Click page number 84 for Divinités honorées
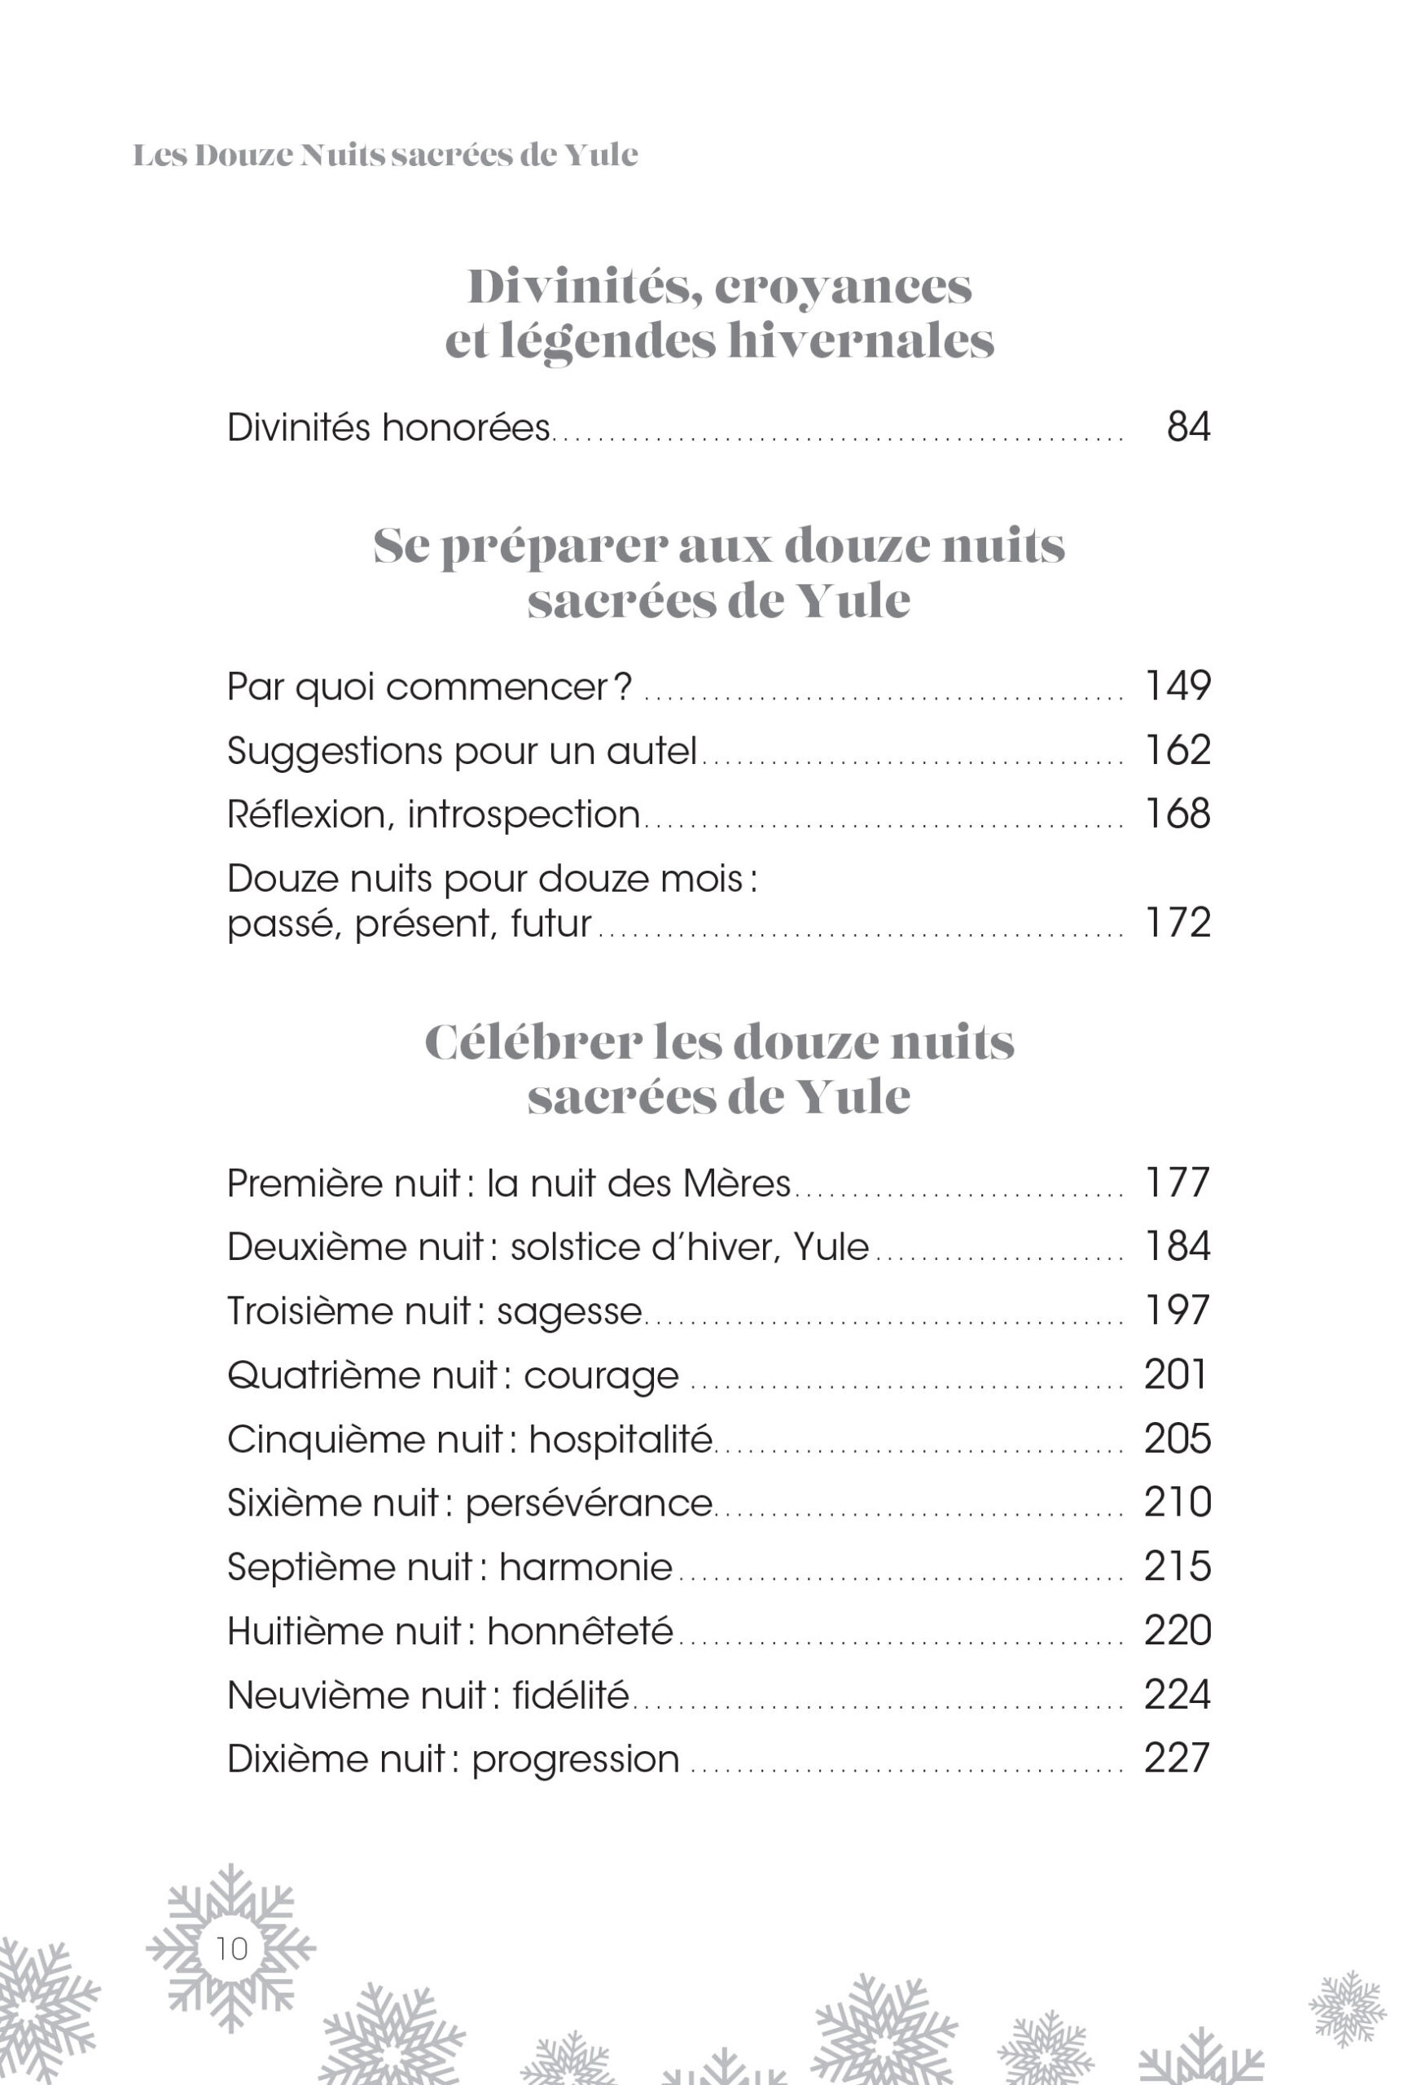[x=1188, y=427]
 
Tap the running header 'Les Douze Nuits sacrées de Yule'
[x=385, y=156]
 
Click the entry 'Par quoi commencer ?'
[x=429, y=687]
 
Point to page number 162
[x=1177, y=750]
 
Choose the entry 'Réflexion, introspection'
[x=433, y=814]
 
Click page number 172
[x=1177, y=923]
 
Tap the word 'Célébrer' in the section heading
[x=533, y=1042]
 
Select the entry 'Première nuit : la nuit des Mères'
[x=509, y=1183]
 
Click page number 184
[x=1177, y=1246]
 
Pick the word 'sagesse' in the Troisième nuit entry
[x=570, y=1311]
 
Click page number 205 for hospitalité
[x=1177, y=1439]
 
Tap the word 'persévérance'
[x=589, y=1503]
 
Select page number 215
[x=1177, y=1566]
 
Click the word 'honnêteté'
[x=580, y=1631]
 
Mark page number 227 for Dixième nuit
[x=1177, y=1758]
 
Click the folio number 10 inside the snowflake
[x=231, y=1947]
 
